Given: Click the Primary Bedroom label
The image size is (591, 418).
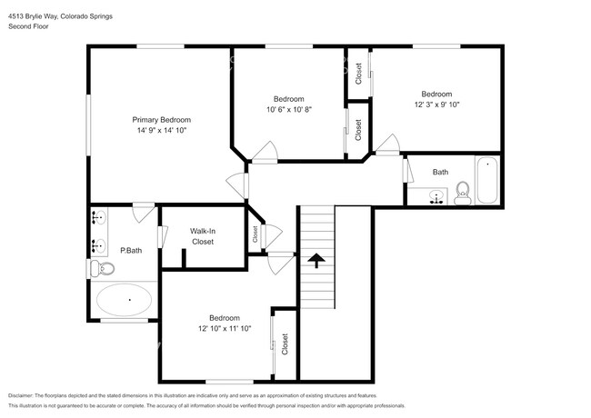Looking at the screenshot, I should click(161, 120).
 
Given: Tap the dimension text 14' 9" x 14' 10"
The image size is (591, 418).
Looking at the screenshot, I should click(161, 131).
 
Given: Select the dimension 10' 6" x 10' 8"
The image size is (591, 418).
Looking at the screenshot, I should click(288, 110).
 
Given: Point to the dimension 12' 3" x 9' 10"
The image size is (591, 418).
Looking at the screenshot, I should click(436, 104).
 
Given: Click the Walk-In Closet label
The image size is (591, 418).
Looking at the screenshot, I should click(202, 236).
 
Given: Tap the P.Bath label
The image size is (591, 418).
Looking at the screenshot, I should click(131, 250).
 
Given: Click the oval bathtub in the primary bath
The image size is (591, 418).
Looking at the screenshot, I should click(128, 298).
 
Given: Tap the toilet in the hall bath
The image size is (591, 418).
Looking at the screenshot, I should click(462, 192).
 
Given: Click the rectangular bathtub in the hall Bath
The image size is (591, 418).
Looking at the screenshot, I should click(487, 181).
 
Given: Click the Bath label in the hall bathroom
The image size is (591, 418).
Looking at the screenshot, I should click(440, 172).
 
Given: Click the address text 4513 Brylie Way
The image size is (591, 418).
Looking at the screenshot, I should click(36, 17).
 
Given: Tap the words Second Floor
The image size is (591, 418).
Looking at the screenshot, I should click(29, 27).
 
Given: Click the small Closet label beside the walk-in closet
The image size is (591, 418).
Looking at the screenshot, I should click(255, 234).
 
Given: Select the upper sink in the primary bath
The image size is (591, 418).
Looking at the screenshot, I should click(97, 218).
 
